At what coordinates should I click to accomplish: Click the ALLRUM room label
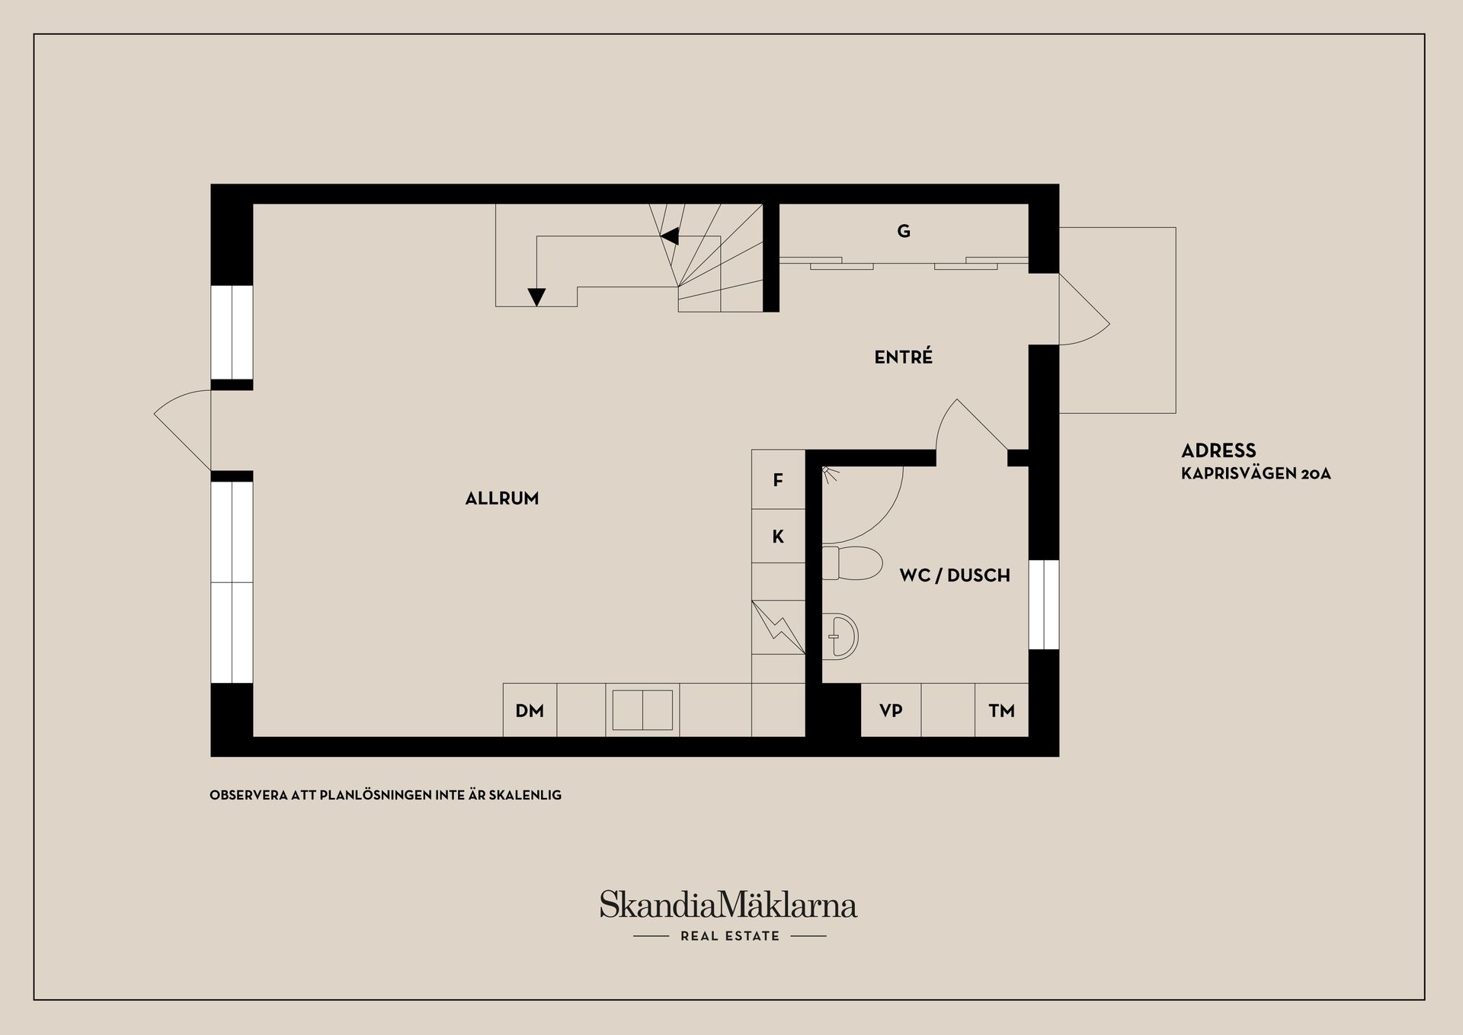(x=501, y=498)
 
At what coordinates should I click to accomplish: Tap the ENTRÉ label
(x=903, y=357)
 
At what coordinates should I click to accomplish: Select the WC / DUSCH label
(x=954, y=575)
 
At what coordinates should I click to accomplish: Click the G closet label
(x=904, y=231)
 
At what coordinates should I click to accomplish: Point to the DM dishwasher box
(x=530, y=710)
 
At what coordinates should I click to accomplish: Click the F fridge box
(x=778, y=480)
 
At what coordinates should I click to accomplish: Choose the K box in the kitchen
(x=778, y=537)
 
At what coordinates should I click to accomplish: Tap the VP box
(x=891, y=710)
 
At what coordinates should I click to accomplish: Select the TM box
(x=1001, y=710)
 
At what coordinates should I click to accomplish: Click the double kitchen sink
(x=642, y=710)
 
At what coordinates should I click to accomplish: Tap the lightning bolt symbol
(x=778, y=627)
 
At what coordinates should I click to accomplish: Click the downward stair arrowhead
(x=536, y=296)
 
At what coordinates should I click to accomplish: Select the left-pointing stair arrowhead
(x=670, y=236)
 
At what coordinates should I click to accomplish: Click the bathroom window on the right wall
(x=1044, y=604)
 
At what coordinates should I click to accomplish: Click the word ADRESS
(x=1218, y=450)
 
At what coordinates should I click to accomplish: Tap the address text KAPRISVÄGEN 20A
(x=1256, y=473)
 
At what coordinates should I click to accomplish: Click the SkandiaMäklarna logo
(x=728, y=905)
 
